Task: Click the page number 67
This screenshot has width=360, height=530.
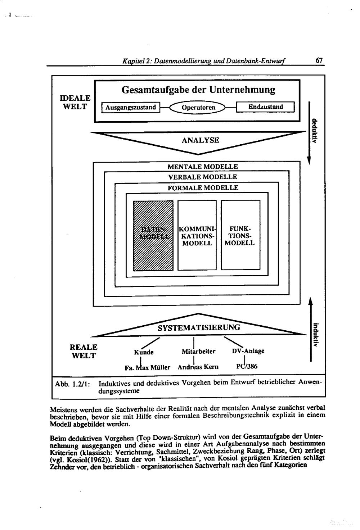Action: (x=319, y=61)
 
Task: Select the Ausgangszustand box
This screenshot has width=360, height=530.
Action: (x=131, y=107)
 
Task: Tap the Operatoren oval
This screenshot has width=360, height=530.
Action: (x=198, y=107)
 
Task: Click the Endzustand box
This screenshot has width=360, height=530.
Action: (x=266, y=107)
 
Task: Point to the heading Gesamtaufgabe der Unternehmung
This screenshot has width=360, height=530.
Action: (x=198, y=90)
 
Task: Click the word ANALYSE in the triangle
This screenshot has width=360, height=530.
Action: (x=201, y=140)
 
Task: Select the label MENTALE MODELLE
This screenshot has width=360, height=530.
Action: (x=203, y=167)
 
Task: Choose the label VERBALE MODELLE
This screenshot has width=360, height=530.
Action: (x=203, y=177)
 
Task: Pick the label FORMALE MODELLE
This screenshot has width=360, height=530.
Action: (x=203, y=188)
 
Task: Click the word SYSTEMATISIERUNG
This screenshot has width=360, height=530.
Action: (x=199, y=327)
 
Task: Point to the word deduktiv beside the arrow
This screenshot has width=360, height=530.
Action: (x=315, y=131)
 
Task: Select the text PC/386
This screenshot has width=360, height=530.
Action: (x=247, y=367)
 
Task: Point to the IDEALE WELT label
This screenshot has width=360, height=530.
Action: (x=75, y=102)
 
